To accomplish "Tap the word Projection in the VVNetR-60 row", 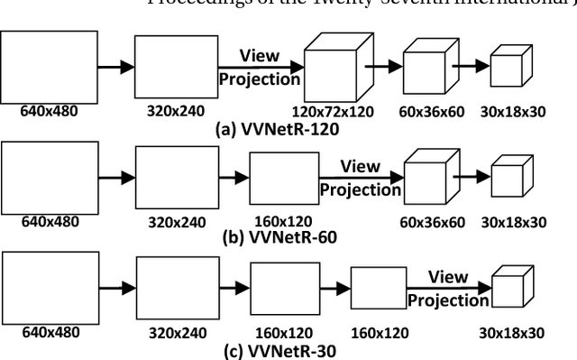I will pyautogui.click(x=361, y=189).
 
